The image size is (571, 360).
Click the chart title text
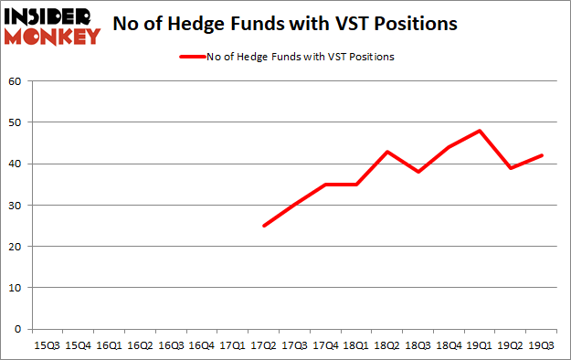(285, 25)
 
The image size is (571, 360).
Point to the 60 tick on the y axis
(15, 81)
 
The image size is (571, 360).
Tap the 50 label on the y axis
(15, 122)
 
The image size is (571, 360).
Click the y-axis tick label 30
(15, 206)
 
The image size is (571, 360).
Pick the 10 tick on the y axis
(15, 288)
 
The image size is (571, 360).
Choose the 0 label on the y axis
(17, 329)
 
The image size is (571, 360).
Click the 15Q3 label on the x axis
(47, 345)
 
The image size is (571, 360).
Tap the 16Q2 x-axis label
(140, 345)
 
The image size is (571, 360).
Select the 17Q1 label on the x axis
(233, 345)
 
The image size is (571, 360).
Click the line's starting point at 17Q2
(264, 226)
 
